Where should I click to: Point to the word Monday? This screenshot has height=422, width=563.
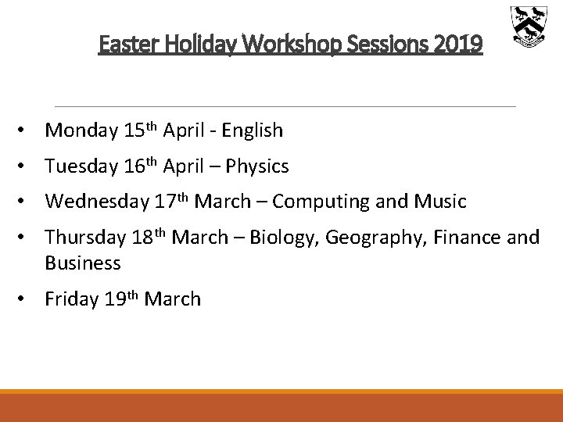click(x=81, y=130)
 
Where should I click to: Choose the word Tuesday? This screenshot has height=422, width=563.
click(x=81, y=166)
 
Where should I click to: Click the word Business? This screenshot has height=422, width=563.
click(x=83, y=263)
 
